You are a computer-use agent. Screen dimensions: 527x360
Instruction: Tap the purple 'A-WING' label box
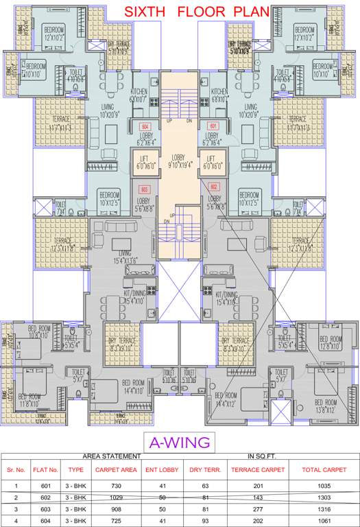[x=180, y=441]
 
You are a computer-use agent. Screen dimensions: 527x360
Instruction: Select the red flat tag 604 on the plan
[x=145, y=127]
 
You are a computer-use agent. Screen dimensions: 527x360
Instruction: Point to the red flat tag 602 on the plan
[x=214, y=187]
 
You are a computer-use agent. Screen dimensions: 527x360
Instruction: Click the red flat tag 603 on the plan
[x=145, y=189]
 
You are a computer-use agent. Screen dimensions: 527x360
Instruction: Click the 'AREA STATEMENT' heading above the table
[x=112, y=456]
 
